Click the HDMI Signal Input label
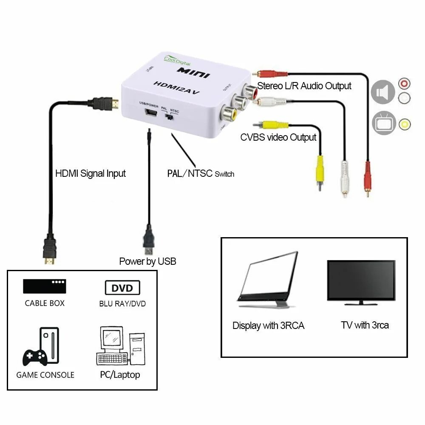click(x=91, y=173)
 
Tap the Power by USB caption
click(x=147, y=261)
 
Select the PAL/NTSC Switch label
click(x=201, y=173)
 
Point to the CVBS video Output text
click(x=278, y=137)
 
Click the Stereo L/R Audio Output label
click(x=304, y=86)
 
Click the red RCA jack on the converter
click(x=249, y=90)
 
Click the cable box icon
click(x=45, y=286)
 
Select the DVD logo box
click(x=122, y=288)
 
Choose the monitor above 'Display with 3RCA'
click(x=268, y=280)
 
